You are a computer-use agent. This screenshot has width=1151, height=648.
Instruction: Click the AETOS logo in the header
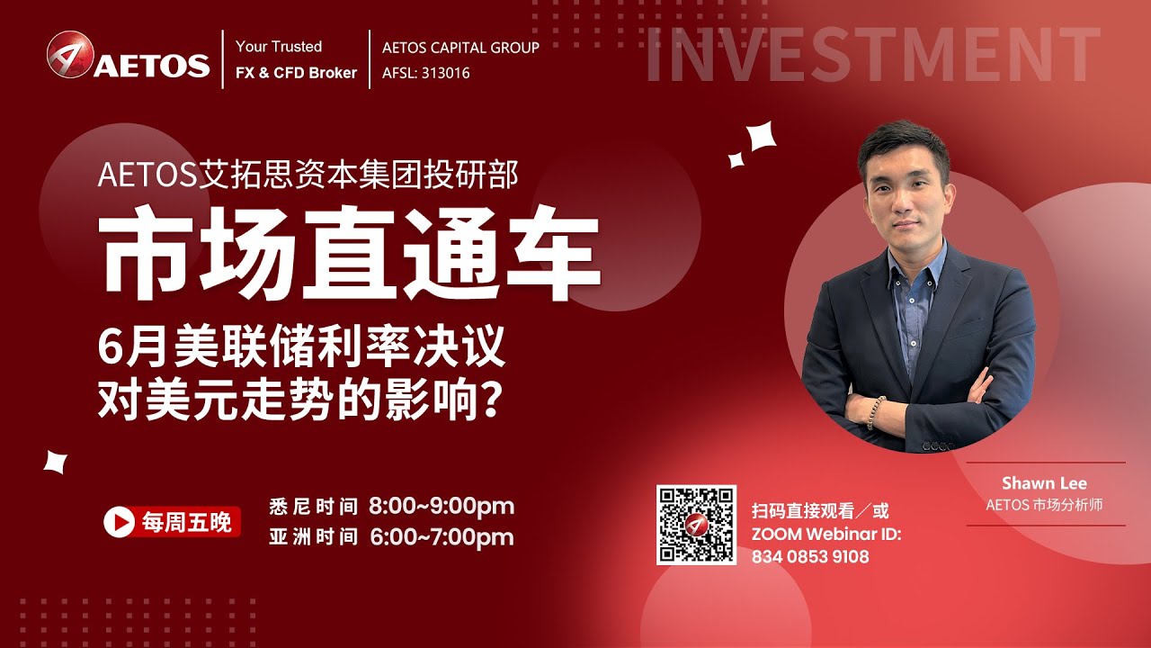point(128,58)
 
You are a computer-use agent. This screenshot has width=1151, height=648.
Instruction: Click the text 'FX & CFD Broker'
point(296,73)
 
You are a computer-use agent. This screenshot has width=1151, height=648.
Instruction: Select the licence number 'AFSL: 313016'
point(425,73)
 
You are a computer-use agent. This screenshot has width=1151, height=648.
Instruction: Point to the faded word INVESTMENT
point(872,56)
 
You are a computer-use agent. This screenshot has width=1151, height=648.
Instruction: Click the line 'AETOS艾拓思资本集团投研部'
point(308,175)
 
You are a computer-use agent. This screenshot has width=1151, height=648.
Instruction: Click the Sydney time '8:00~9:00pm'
point(442,506)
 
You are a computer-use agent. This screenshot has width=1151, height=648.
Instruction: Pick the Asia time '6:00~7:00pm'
point(442,537)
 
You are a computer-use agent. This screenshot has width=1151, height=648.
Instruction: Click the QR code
point(695,525)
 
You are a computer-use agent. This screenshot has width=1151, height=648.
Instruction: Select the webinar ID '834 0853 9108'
point(810,557)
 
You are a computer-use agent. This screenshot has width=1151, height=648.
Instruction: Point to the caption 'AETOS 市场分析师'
point(1044,505)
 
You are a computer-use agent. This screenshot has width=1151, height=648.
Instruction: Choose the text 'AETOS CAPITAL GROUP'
point(460,47)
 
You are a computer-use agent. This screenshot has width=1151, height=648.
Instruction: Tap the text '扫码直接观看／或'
point(820,511)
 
